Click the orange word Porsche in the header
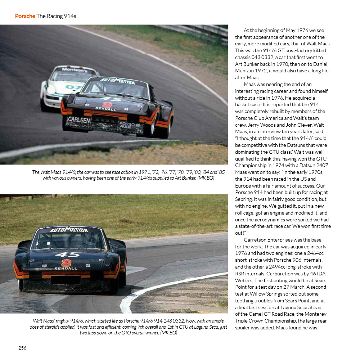tap(25, 16)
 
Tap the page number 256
tap(22, 348)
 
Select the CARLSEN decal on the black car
tap(80, 120)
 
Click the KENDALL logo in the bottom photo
tap(66, 268)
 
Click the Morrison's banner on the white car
tap(74, 70)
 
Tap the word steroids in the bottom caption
tap(54, 327)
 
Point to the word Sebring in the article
tap(245, 199)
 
